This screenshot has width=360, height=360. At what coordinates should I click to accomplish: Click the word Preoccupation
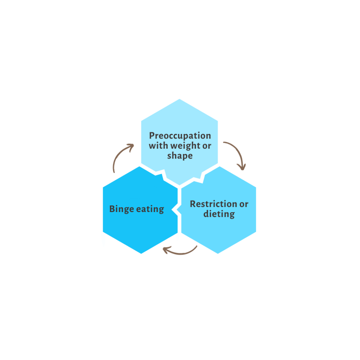pos(180,136)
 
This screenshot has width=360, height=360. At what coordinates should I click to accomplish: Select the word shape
pos(180,156)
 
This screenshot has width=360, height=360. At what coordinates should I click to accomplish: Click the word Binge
pos(121,209)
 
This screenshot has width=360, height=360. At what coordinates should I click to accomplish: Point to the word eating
pos(150,209)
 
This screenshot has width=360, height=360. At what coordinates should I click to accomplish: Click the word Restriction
pos(213,204)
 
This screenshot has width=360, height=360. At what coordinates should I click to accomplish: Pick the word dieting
pos(219,214)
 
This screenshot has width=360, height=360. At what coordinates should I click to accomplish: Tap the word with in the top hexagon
pos(159,146)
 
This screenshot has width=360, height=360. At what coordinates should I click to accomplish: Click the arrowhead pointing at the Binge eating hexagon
pos(166,250)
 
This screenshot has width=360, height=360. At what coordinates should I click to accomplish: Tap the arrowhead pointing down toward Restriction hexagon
pos(242,167)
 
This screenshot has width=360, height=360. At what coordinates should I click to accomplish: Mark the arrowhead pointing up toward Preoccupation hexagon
pos(131,146)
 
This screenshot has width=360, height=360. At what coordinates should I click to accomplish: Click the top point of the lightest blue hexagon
pos(180,99)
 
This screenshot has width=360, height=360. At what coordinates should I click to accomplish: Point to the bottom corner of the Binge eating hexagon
pos(141,254)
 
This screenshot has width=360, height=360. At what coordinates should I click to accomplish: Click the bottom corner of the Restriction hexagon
pos(218,254)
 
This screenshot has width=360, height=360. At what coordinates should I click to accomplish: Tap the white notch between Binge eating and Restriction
pos(177,209)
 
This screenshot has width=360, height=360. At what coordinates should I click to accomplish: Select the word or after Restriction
pos(244,204)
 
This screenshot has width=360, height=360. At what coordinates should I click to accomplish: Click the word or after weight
pos(207,146)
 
